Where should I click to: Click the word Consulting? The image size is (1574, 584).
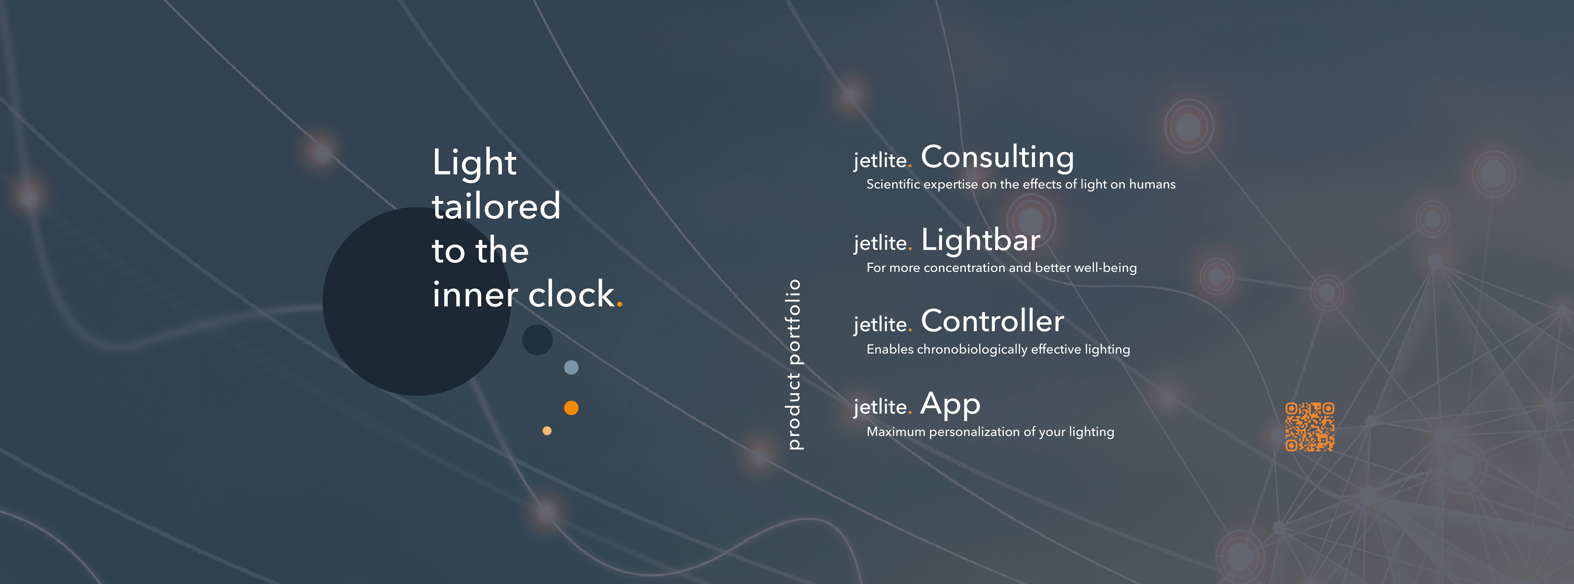click(997, 158)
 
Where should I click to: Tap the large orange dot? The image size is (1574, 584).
click(571, 407)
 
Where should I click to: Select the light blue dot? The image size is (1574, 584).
click(571, 367)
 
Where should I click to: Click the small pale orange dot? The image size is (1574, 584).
click(547, 431)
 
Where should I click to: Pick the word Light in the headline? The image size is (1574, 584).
click(474, 163)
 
